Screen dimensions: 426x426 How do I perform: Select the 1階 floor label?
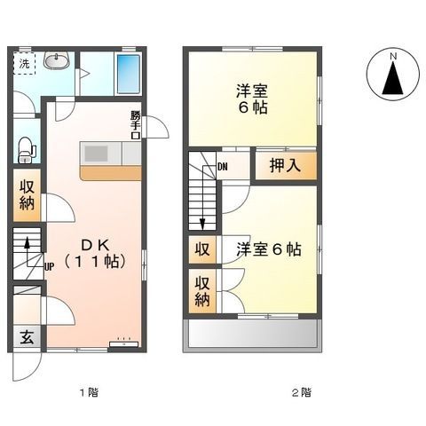(87, 391)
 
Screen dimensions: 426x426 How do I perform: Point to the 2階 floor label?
(301, 391)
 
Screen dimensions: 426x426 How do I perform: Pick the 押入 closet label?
(285, 165)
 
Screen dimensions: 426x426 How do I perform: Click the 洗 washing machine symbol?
(24, 63)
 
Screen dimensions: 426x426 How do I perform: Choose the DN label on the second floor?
(222, 166)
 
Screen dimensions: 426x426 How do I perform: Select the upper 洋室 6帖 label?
(253, 99)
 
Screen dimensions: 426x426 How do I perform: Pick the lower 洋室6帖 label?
(268, 249)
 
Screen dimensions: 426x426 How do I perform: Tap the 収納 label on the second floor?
(202, 290)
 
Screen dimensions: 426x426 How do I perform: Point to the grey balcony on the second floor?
(252, 335)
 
